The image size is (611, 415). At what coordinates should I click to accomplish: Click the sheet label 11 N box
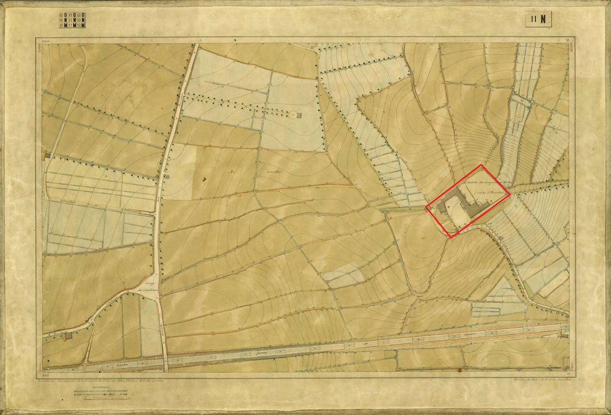tap(538, 19)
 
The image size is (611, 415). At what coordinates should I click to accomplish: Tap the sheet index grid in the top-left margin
tap(72, 20)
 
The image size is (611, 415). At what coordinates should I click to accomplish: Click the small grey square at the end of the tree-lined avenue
tap(292, 115)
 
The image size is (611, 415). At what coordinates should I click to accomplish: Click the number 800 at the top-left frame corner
tap(46, 41)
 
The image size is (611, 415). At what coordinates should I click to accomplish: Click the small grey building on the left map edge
tap(47, 156)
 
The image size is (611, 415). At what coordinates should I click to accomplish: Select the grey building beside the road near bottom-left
tap(69, 335)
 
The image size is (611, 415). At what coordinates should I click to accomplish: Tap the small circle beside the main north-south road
tap(167, 177)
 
